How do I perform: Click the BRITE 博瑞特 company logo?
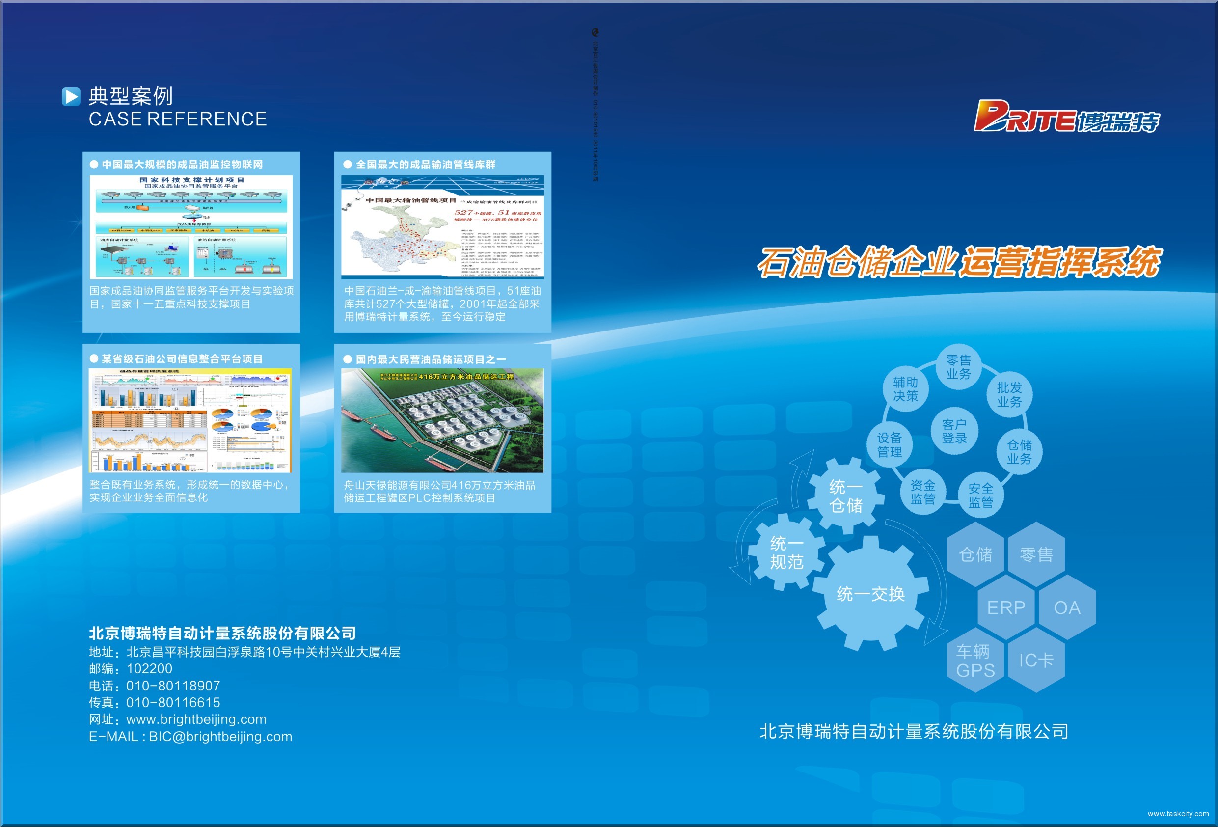[x=1066, y=116]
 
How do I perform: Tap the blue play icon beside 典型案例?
[x=71, y=96]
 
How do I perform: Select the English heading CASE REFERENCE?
[x=178, y=119]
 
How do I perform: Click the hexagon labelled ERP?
[x=1006, y=608]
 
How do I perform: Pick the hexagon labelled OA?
[x=1067, y=608]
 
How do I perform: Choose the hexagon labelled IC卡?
[x=1036, y=660]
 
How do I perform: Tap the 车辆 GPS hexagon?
[x=975, y=661]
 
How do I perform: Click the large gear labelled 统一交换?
[x=871, y=594]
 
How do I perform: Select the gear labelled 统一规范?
[x=786, y=553]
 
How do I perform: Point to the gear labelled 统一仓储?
[x=845, y=496]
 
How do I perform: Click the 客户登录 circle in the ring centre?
[x=954, y=431]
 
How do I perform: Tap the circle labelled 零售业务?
[x=959, y=367]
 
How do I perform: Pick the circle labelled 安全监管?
[x=980, y=495]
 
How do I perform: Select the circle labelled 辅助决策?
[x=906, y=389]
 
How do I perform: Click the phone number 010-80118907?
[x=173, y=686]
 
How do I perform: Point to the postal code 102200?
[x=149, y=669]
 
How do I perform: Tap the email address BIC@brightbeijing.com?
[x=220, y=736]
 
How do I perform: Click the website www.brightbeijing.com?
[x=196, y=719]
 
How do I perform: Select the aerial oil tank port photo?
[x=442, y=420]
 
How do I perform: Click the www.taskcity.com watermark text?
[x=1178, y=814]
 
